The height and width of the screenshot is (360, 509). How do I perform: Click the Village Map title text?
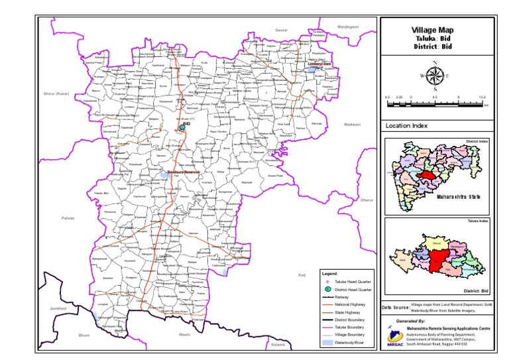433,30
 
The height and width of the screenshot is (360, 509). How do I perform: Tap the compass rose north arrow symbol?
435,76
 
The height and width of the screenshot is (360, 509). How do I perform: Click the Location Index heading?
406,125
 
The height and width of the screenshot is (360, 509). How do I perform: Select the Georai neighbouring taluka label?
282,30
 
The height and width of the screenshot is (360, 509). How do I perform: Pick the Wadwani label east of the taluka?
352,124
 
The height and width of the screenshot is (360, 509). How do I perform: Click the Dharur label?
367,200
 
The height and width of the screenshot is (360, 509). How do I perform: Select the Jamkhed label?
58,309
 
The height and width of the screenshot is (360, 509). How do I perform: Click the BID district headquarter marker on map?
182,126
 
